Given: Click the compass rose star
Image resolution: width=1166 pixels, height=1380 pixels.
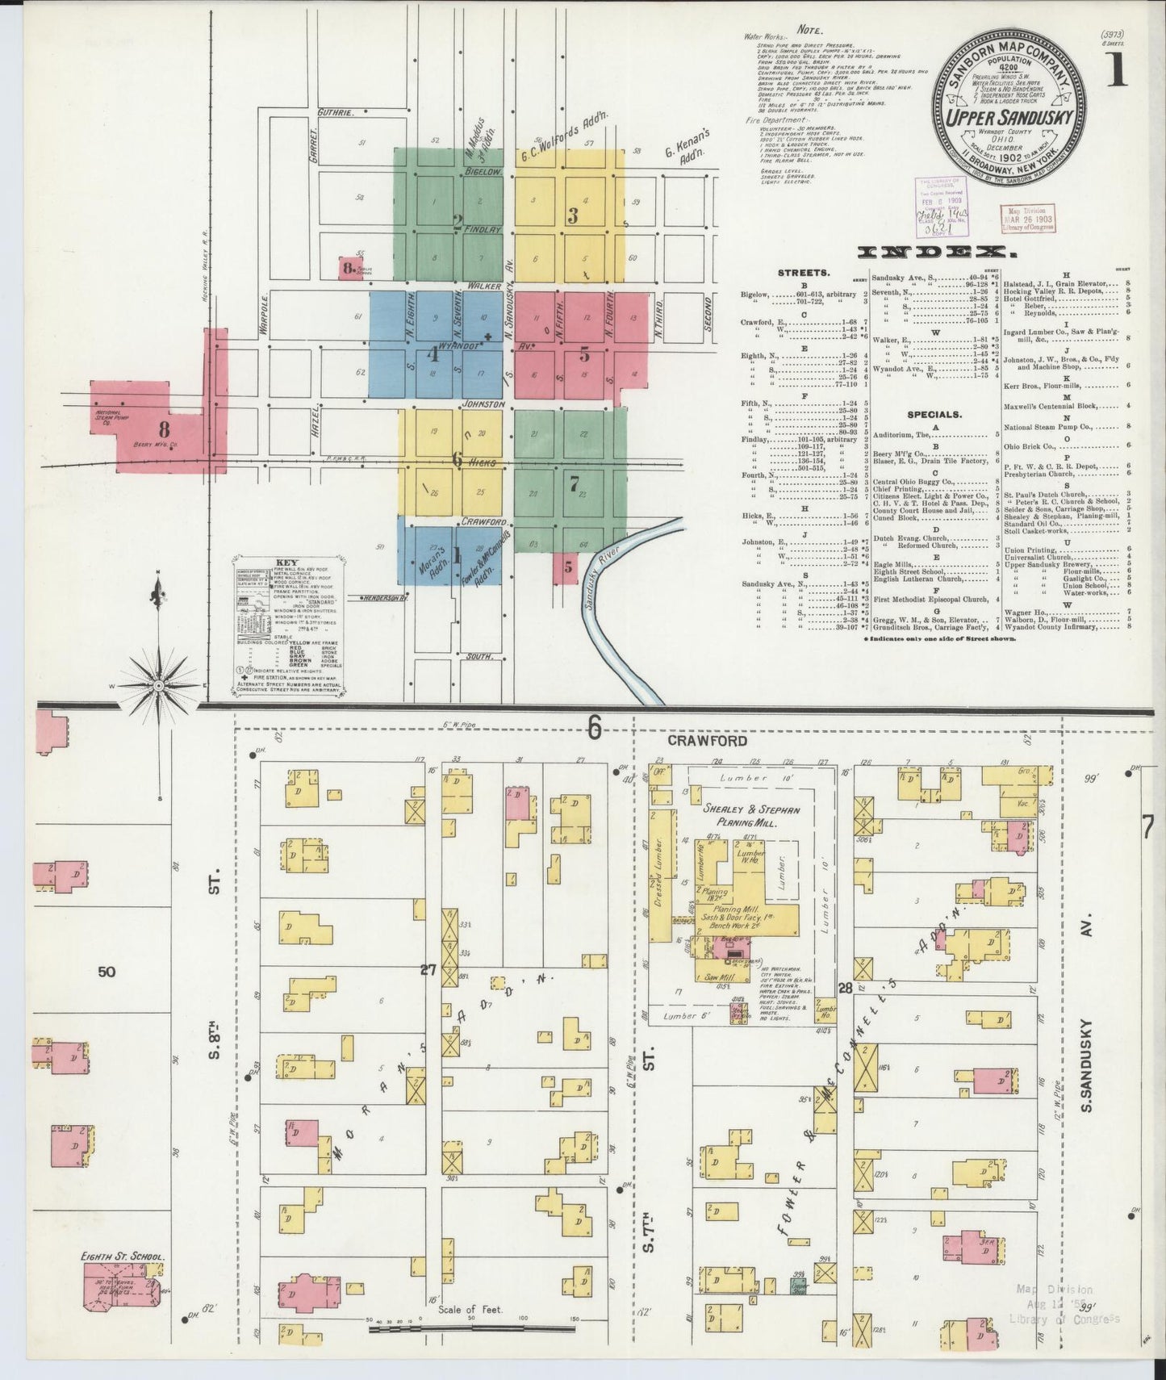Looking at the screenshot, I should point(160,685).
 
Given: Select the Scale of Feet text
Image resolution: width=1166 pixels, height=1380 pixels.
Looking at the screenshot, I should point(471,1309).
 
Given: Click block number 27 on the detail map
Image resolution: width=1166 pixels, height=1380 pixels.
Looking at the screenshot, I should point(428,969).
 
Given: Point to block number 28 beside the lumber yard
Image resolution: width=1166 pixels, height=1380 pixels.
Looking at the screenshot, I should point(845,988).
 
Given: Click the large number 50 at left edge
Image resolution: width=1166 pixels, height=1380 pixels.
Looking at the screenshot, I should point(107,972).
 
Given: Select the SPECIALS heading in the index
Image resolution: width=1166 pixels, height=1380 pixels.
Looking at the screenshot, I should point(934,414).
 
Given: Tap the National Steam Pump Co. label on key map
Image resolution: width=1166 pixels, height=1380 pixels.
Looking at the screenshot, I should point(102,416).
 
